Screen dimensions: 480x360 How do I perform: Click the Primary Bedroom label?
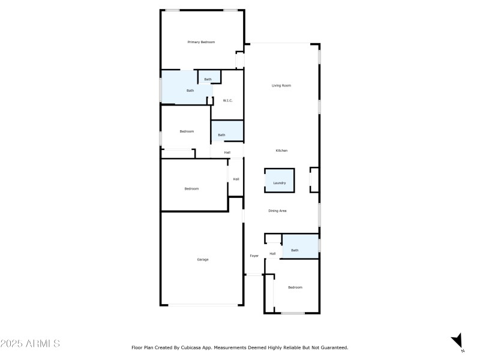(201, 42)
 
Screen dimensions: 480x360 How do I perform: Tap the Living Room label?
(281, 85)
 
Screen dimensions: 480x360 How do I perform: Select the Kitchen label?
(281, 151)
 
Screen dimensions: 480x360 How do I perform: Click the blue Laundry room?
(280, 181)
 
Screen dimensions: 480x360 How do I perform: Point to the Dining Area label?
(277, 211)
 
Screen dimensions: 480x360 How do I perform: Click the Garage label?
(203, 259)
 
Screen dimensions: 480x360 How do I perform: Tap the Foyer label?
(254, 256)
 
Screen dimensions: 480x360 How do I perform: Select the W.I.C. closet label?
(228, 100)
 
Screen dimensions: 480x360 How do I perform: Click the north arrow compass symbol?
(457, 341)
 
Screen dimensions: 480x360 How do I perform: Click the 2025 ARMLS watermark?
(30, 343)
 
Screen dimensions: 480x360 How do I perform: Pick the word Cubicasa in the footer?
(191, 347)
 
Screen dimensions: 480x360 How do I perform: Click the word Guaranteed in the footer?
(335, 347)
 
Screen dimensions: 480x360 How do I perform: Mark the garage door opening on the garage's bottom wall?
(203, 305)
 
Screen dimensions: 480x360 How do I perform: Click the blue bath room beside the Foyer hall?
(301, 247)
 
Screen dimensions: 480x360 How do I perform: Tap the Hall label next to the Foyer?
(272, 253)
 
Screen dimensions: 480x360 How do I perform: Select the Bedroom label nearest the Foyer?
(295, 287)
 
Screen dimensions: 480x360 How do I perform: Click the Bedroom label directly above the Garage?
(191, 188)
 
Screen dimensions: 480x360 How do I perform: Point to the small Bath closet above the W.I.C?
(209, 77)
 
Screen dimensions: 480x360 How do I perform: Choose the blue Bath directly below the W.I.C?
(227, 131)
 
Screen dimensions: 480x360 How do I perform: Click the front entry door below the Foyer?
(254, 275)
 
